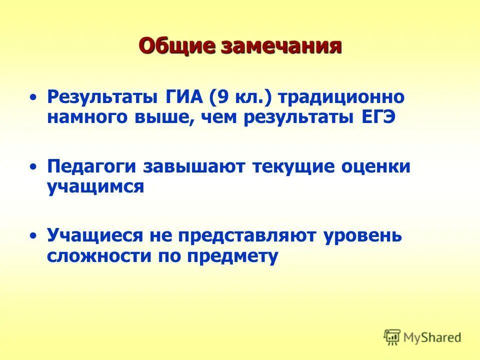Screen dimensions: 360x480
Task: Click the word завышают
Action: click(193, 167)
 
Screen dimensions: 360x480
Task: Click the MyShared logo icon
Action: click(392, 337)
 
